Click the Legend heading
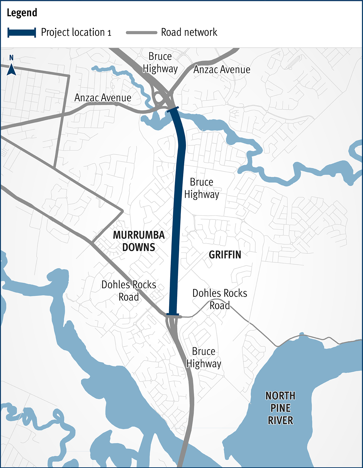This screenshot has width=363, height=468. pyautogui.click(x=22, y=13)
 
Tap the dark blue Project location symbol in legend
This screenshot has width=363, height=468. pyautogui.click(x=22, y=33)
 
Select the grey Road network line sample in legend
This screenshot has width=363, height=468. pyautogui.click(x=141, y=33)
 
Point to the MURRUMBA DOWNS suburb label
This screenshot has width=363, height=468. pyautogui.click(x=139, y=241)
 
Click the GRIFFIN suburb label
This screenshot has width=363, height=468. pyautogui.click(x=225, y=255)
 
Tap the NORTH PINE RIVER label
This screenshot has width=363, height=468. pyautogui.click(x=280, y=408)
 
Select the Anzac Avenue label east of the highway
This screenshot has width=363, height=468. pyautogui.click(x=222, y=70)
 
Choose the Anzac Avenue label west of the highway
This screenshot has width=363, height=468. pyautogui.click(x=103, y=98)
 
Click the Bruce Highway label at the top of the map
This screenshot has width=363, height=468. pyautogui.click(x=160, y=63)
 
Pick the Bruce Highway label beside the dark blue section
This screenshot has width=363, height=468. pyautogui.click(x=202, y=188)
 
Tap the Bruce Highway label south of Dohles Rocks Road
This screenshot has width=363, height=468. pyautogui.click(x=204, y=358)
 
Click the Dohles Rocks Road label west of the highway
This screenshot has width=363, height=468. pyautogui.click(x=129, y=291)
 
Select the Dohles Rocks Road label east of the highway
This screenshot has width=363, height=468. pyautogui.click(x=220, y=299)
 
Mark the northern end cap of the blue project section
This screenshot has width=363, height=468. pyautogui.click(x=173, y=109)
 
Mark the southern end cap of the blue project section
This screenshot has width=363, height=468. pyautogui.click(x=173, y=314)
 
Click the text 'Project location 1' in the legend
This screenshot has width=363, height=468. pyautogui.click(x=76, y=33)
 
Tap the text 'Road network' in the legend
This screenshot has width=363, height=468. pyautogui.click(x=189, y=33)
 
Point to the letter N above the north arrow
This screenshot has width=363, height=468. pyautogui.click(x=11, y=58)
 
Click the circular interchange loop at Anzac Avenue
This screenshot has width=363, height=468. pyautogui.click(x=158, y=98)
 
